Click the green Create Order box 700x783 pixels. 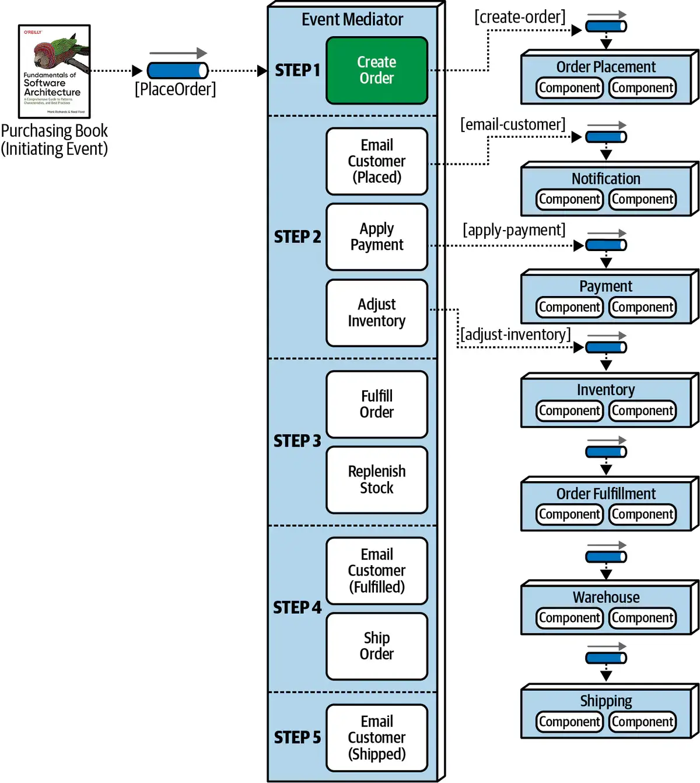(x=377, y=71)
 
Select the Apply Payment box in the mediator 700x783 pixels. (x=377, y=237)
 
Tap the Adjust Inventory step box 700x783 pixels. (x=377, y=313)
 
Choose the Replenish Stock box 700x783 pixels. (x=377, y=480)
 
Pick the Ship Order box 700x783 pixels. (x=377, y=646)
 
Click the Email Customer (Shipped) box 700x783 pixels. (x=377, y=738)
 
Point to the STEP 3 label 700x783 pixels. (x=297, y=441)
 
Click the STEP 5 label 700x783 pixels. (x=297, y=737)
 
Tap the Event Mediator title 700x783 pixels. (x=352, y=20)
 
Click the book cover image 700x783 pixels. (x=54, y=71)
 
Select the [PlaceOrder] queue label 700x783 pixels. (x=175, y=89)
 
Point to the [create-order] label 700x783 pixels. (x=520, y=17)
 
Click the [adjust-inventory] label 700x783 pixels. (x=516, y=335)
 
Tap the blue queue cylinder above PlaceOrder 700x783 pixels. (x=177, y=71)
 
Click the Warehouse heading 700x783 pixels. (x=606, y=597)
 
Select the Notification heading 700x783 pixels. (x=606, y=179)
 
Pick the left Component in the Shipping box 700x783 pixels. (x=569, y=722)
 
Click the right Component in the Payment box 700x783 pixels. (x=642, y=307)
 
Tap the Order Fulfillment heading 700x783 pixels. (x=606, y=494)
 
